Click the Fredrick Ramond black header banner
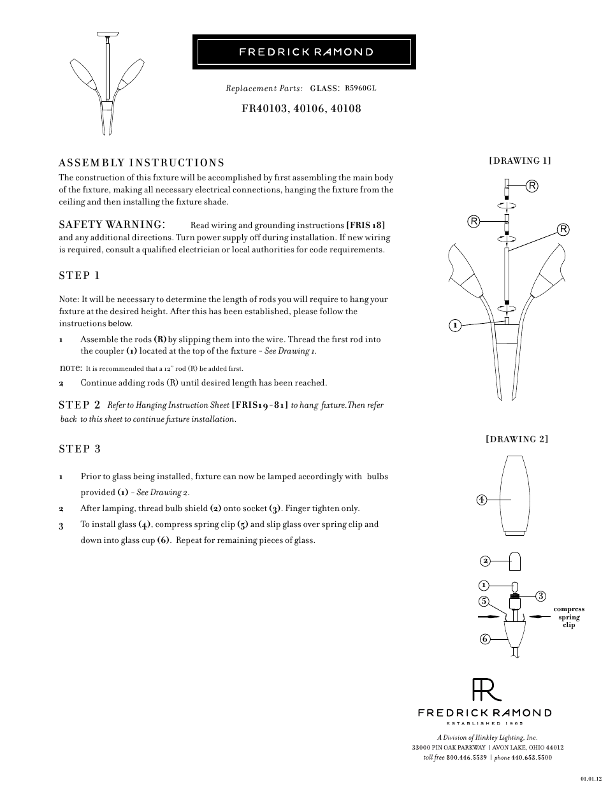[x=304, y=52]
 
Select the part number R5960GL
[x=360, y=88]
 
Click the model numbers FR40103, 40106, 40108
[x=301, y=108]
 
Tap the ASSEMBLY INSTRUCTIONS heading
[x=141, y=163]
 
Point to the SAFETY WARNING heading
[x=113, y=224]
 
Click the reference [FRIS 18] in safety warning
[x=365, y=225]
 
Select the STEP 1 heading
[x=80, y=275]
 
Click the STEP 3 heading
[x=80, y=449]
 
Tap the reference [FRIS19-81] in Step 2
[x=260, y=405]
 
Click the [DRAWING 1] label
[x=519, y=161]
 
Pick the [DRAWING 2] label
[x=517, y=439]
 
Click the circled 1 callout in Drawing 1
[x=454, y=326]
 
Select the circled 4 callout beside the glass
[x=481, y=500]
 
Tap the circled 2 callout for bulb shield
[x=485, y=561]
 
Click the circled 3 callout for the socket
[x=540, y=596]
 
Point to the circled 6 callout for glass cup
[x=484, y=639]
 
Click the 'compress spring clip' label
[x=568, y=617]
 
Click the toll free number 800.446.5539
[x=467, y=758]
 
